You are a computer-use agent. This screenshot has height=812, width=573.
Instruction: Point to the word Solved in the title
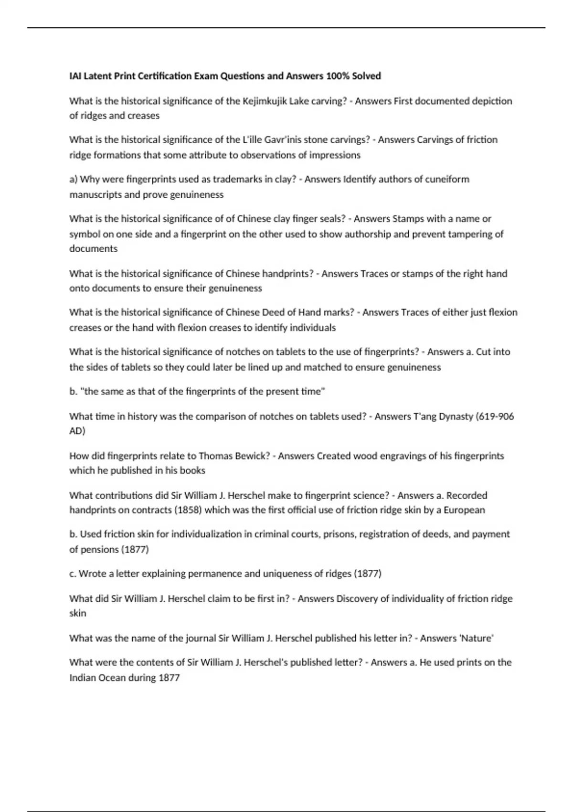366,76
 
